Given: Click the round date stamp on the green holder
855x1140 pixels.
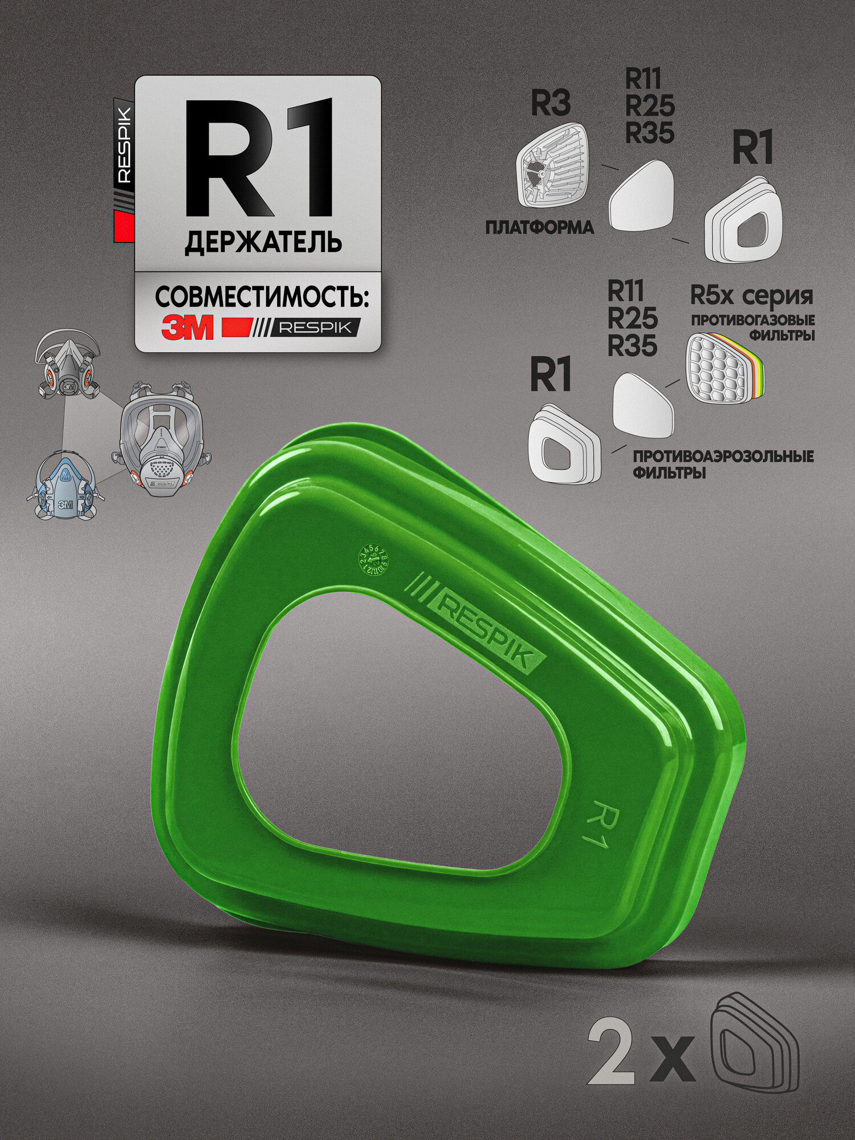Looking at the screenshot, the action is [x=376, y=561].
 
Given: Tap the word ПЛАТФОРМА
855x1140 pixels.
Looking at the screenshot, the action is [x=539, y=227].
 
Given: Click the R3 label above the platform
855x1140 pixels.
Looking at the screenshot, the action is [x=551, y=104].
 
